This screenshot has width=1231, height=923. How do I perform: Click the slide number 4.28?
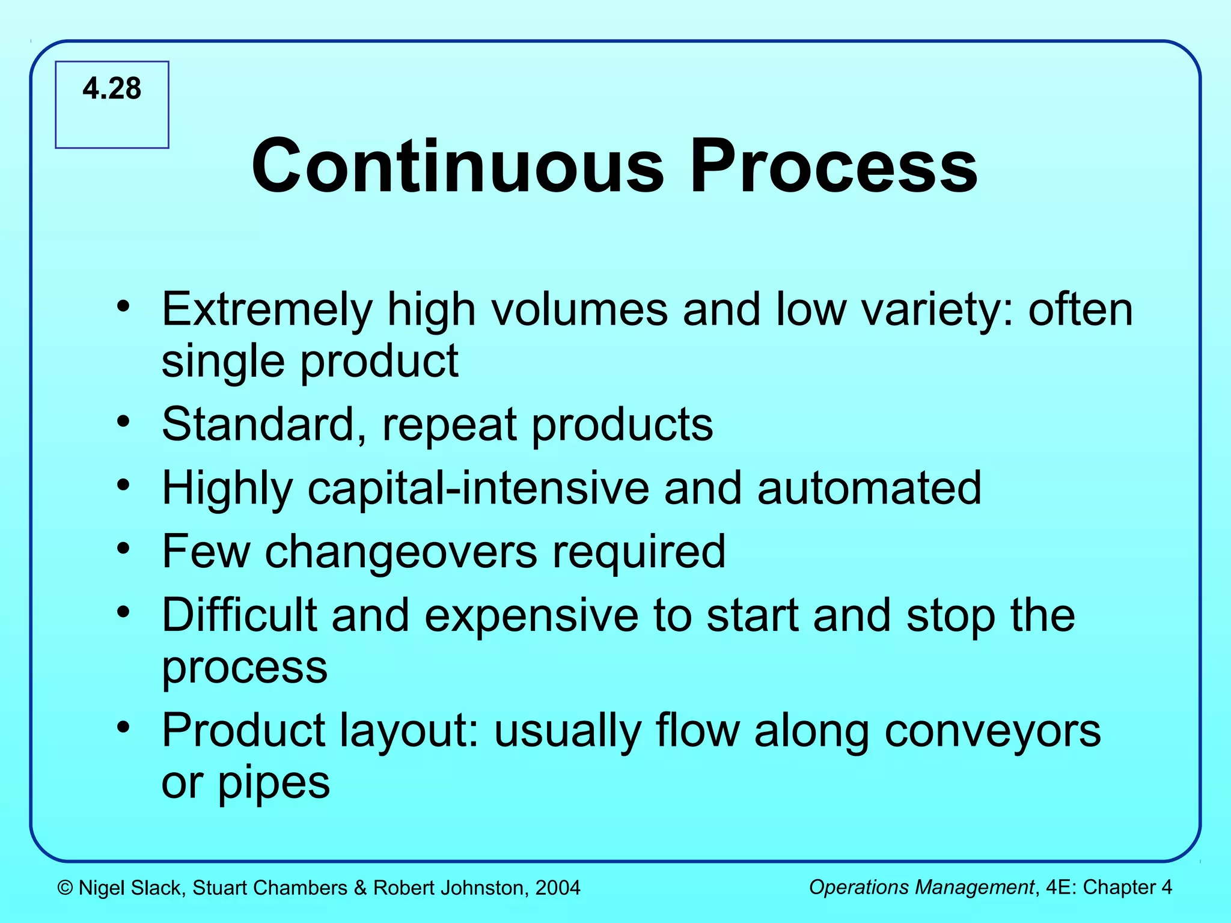(x=112, y=89)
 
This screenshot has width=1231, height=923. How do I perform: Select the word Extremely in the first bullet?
(x=267, y=311)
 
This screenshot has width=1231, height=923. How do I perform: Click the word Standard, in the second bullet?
(x=264, y=425)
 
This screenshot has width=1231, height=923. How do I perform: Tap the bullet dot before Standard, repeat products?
(x=123, y=421)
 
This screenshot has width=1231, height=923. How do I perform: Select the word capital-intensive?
(x=478, y=489)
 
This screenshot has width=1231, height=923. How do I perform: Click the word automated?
(x=869, y=489)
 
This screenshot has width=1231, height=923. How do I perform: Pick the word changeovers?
(x=401, y=552)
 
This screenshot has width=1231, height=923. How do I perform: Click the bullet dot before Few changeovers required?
(x=123, y=549)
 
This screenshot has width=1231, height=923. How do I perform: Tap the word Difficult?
(x=239, y=615)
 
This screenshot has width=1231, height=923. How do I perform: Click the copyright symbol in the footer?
(x=65, y=888)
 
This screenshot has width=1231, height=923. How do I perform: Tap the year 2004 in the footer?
(x=558, y=888)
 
